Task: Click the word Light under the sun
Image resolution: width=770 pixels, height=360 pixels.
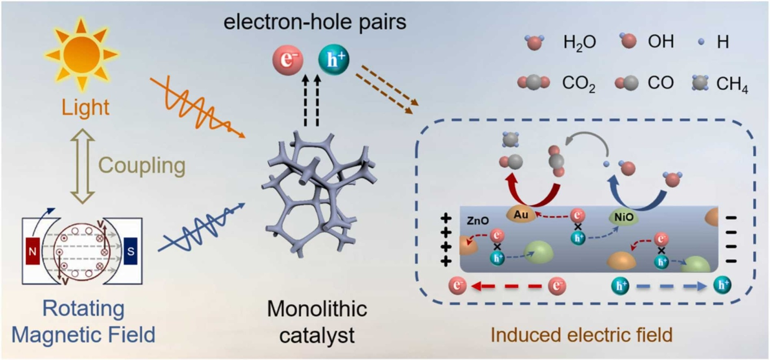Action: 85,107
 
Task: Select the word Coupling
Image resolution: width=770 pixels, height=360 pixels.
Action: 142,165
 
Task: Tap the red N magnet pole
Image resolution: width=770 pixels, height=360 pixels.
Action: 33,251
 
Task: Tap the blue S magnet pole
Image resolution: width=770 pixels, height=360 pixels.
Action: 131,251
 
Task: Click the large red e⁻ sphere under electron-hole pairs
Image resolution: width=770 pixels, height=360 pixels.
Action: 288,60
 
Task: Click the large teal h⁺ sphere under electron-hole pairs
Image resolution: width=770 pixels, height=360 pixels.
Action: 333,60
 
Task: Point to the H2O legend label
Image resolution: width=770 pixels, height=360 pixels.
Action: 579,42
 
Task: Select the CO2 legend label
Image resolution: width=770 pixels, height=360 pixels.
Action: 578,84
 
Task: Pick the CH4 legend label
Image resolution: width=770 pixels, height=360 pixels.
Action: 732,85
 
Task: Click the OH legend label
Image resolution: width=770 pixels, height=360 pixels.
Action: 661,41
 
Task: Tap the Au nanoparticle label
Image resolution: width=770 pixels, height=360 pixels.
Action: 521,215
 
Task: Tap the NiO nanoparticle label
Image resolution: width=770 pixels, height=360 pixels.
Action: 623,217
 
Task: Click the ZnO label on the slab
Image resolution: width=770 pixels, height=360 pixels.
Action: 478,221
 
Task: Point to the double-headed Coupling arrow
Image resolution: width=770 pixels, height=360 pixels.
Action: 83,166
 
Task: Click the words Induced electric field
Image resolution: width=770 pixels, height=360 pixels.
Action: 581,335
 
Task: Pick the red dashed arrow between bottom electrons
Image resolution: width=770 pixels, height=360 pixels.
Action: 507,286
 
